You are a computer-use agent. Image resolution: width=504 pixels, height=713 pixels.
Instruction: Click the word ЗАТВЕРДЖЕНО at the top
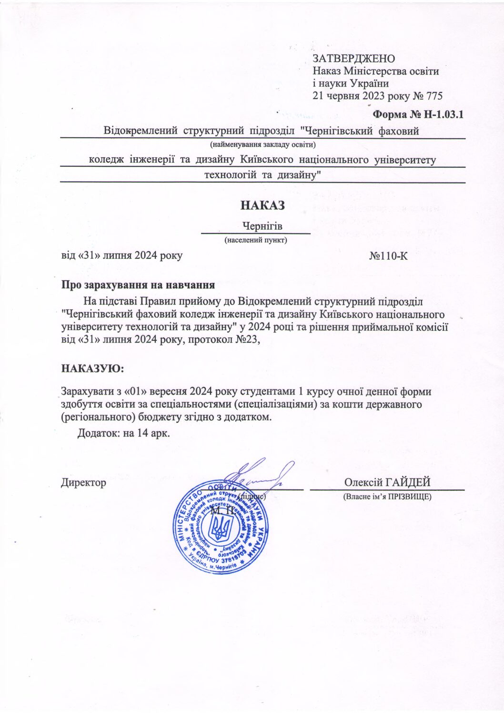(353, 59)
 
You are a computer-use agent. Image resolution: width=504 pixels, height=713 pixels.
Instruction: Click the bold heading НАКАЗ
(262, 205)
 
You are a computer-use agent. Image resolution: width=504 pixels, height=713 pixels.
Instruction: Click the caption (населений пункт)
(256, 240)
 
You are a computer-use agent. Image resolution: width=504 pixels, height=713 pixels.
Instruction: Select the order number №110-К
(388, 256)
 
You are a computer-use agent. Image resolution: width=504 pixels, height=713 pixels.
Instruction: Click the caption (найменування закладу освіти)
(263, 144)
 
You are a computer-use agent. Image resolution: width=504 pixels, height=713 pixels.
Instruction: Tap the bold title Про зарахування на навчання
(138, 285)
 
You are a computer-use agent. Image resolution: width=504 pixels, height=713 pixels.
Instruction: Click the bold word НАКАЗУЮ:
(92, 368)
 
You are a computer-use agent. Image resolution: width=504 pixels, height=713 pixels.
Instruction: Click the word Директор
(83, 482)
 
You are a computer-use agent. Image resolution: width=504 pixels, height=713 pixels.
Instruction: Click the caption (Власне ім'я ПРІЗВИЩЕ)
(387, 497)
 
